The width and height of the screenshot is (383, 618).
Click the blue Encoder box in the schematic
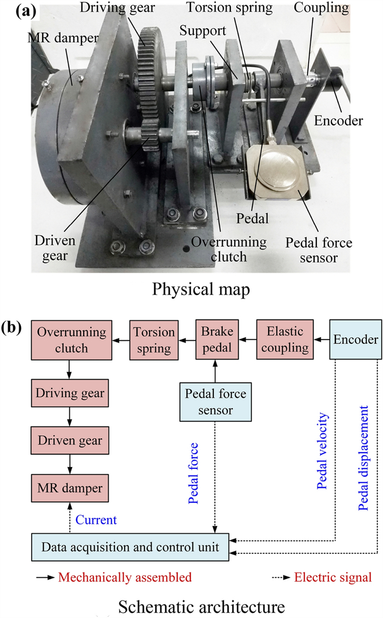click(x=356, y=340)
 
